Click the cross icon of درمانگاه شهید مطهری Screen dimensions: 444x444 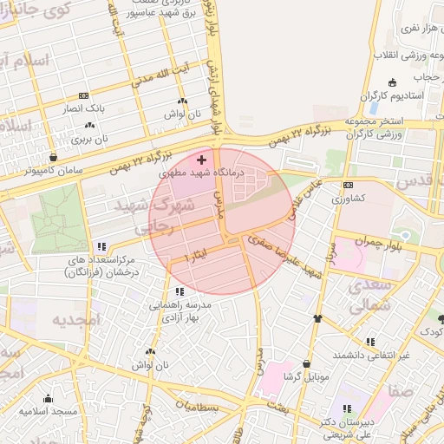[x=202, y=160]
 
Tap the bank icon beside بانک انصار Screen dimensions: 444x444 [x=83, y=95]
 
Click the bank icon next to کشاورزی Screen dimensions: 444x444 [x=348, y=185]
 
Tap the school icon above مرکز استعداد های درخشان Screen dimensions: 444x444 [x=102, y=246]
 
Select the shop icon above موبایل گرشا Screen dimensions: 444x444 [x=307, y=363]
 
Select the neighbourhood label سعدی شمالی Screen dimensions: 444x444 [x=368, y=295]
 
